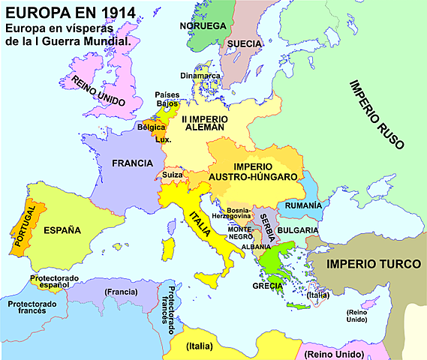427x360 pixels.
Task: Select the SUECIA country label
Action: (x=245, y=43)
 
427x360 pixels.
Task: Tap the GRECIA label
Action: (x=267, y=285)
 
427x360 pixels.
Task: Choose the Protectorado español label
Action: (x=55, y=282)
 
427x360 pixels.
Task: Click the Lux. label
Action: (x=164, y=139)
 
